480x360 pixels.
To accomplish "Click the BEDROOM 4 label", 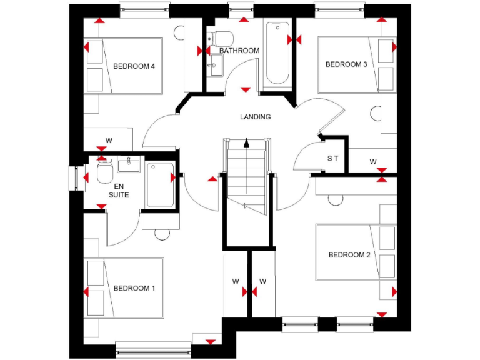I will tap(134, 66).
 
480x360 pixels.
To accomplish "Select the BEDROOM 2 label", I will tap(349, 255).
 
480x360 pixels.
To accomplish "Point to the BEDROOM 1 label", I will tap(134, 288).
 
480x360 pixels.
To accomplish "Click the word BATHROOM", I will tap(239, 51).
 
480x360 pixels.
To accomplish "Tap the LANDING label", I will tap(256, 117).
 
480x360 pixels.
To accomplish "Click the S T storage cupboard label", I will tap(332, 159).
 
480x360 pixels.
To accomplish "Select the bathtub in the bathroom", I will tap(277, 54).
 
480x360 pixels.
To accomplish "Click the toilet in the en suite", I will tap(104, 172).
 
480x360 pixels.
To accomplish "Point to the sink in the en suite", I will tap(129, 166).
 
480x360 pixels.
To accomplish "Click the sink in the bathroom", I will tap(216, 64).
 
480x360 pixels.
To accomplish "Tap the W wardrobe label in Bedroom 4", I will tap(109, 141).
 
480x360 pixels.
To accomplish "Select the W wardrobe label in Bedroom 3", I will tap(373, 162).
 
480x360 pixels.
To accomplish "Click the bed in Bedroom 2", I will tap(353, 253).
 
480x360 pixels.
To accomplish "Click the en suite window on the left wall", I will tap(73, 177).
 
